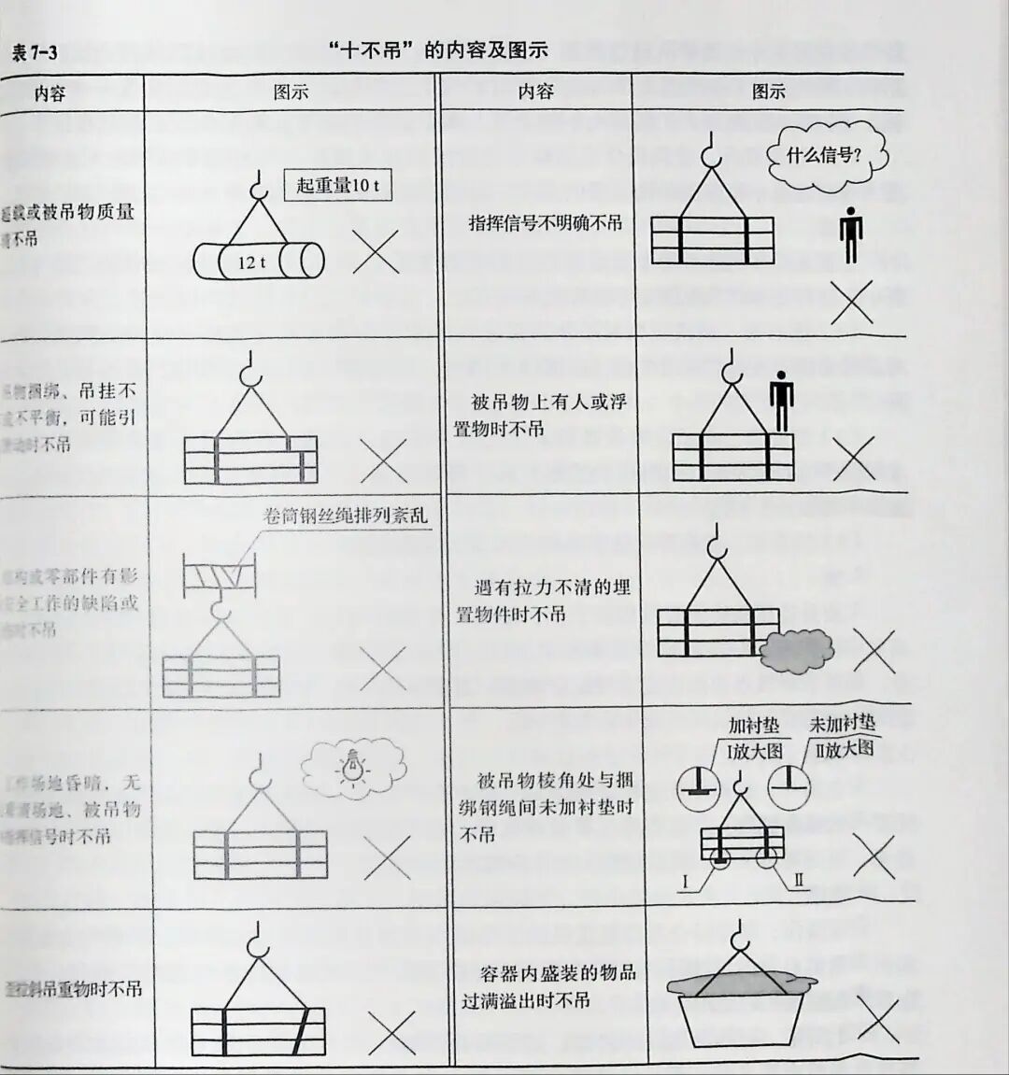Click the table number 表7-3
coord(34,52)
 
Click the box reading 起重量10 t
coord(337,185)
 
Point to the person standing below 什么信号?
coord(850,234)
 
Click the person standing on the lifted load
coord(780,403)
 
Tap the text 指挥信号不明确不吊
coord(545,223)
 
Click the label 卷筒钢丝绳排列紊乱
coord(346,515)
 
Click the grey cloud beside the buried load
coord(795,649)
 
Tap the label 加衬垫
coord(753,725)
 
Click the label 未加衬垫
coord(843,723)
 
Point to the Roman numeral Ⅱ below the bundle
coord(799,879)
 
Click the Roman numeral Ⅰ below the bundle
coord(686,881)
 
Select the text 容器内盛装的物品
coord(557,972)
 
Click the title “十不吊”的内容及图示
coord(438,50)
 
